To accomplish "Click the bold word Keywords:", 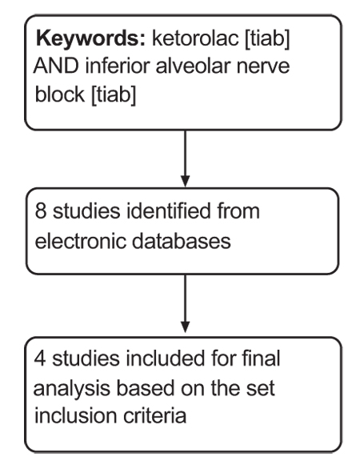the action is click(90, 38).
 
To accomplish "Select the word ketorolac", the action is click(195, 38).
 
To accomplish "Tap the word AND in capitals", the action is click(57, 66).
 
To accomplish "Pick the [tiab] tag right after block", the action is click(114, 94).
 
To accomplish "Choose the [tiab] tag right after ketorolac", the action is click(267, 38).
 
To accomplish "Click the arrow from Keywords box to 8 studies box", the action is click(185, 158).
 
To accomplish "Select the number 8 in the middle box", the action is click(41, 211).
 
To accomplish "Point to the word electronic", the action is click(81, 242).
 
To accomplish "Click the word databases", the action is click(182, 241).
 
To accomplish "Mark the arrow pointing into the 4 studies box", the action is click(185, 303).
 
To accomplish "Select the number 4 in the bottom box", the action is click(40, 359).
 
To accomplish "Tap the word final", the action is click(261, 358).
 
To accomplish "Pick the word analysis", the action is click(72, 389).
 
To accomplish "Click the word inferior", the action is click(118, 66).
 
